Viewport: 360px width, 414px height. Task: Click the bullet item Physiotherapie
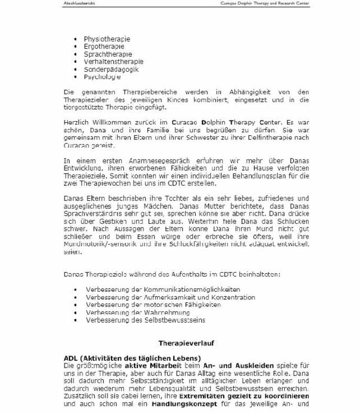point(107,39)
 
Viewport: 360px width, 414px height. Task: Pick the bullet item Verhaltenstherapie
point(113,62)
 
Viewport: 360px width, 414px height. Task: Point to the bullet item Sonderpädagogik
point(110,70)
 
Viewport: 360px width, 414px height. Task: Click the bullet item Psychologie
point(102,77)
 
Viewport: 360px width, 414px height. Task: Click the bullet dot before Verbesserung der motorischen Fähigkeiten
point(76,305)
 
